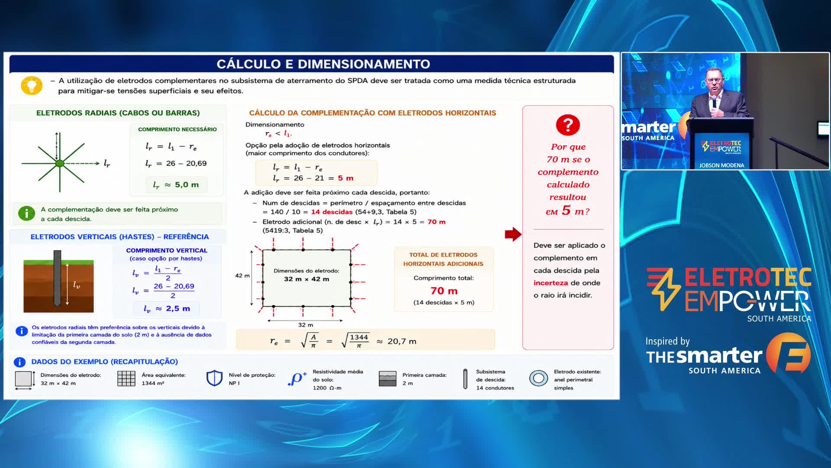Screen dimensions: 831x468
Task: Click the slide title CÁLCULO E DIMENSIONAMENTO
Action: [x=323, y=64]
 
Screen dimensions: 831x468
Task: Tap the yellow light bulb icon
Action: [x=32, y=85]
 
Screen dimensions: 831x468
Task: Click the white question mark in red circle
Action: [x=568, y=125]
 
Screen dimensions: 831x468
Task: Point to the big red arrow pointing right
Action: [x=513, y=234]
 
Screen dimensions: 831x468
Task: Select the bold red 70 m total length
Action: [x=444, y=291]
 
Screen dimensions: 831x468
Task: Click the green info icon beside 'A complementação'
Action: [x=26, y=213]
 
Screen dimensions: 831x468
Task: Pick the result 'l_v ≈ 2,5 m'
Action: [x=167, y=309]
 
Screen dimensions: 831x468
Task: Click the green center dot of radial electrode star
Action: [x=60, y=163]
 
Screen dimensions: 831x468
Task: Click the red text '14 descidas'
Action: [x=332, y=212]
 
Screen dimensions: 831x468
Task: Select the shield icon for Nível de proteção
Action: [x=214, y=378]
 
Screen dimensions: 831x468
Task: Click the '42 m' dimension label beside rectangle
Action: [x=242, y=276]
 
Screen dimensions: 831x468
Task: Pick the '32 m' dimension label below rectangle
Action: [x=306, y=325]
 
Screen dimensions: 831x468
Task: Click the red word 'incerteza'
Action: [x=551, y=283]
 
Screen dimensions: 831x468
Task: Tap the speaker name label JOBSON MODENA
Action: [x=721, y=165]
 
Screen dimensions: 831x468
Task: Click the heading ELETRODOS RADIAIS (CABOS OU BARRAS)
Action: [x=118, y=113]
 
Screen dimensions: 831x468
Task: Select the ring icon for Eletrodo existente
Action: [x=538, y=378]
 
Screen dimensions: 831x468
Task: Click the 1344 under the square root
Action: [x=359, y=338]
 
